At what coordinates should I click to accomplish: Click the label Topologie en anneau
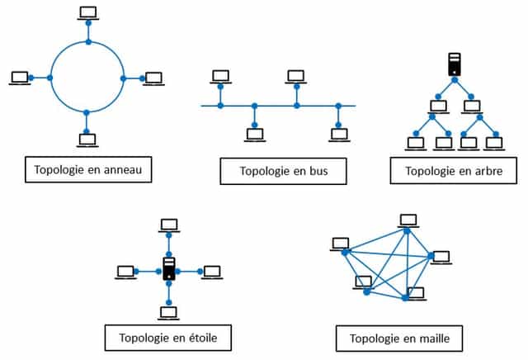click(88, 169)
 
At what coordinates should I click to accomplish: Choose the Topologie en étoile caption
click(168, 337)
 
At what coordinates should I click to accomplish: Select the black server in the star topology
click(169, 269)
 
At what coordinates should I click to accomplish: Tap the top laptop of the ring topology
click(87, 12)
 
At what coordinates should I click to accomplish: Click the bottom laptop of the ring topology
click(87, 140)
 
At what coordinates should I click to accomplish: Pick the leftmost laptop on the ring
click(21, 77)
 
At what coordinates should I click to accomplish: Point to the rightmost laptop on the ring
click(153, 78)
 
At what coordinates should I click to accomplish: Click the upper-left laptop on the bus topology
click(220, 76)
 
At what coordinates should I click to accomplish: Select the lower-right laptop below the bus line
click(337, 134)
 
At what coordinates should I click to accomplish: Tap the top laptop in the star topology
click(169, 224)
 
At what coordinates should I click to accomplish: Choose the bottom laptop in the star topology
click(168, 312)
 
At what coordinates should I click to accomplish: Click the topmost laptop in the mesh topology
click(407, 220)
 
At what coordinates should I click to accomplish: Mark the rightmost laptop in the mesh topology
click(441, 256)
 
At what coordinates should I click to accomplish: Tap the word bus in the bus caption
click(315, 172)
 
